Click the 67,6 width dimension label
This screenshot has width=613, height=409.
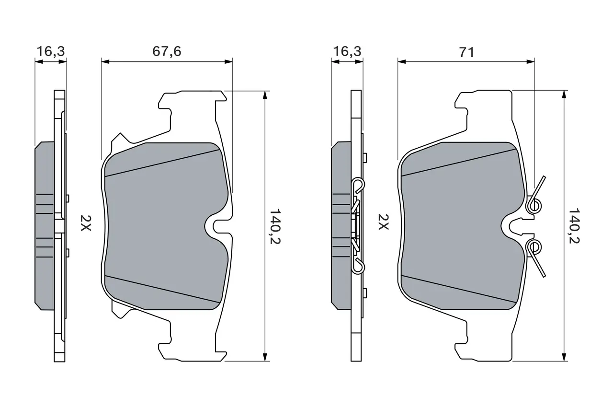coord(167,51)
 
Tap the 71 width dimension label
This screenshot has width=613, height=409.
coord(466,52)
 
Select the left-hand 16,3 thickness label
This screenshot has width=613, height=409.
coord(51,51)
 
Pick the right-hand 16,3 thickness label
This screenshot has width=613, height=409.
coord(347,51)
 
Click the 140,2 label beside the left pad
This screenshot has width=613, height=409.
coord(275,226)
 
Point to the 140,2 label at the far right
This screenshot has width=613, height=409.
coord(574,226)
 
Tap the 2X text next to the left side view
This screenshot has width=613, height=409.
coord(85,223)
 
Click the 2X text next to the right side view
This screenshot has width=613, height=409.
coord(383,222)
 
